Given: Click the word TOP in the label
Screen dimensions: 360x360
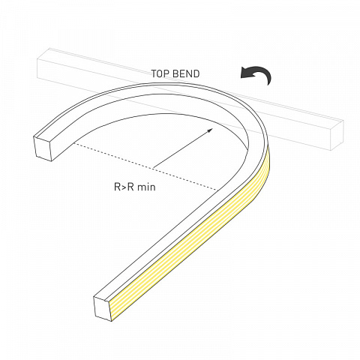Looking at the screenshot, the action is (160, 73).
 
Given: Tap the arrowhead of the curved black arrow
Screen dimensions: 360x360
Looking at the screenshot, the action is (244, 73).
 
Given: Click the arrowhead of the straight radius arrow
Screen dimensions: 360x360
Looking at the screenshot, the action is (211, 130).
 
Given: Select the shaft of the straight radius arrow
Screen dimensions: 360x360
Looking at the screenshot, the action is (181, 148).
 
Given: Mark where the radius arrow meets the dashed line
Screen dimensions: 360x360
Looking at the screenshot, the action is (153, 167).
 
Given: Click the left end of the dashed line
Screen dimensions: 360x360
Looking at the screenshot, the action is (74, 143).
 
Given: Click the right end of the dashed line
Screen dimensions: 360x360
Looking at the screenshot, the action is (218, 190).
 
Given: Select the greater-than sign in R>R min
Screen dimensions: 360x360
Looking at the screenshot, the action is (124, 187).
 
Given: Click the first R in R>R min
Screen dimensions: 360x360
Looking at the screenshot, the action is (118, 187).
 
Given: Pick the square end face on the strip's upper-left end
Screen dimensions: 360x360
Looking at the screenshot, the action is (43, 148).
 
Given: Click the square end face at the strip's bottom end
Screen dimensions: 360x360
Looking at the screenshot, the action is (103, 308).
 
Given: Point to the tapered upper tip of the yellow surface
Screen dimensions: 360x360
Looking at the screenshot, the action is (268, 145).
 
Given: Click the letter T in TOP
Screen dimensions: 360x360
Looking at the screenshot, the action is (154, 73).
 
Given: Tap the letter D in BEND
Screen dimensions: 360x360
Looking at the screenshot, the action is (196, 73).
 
